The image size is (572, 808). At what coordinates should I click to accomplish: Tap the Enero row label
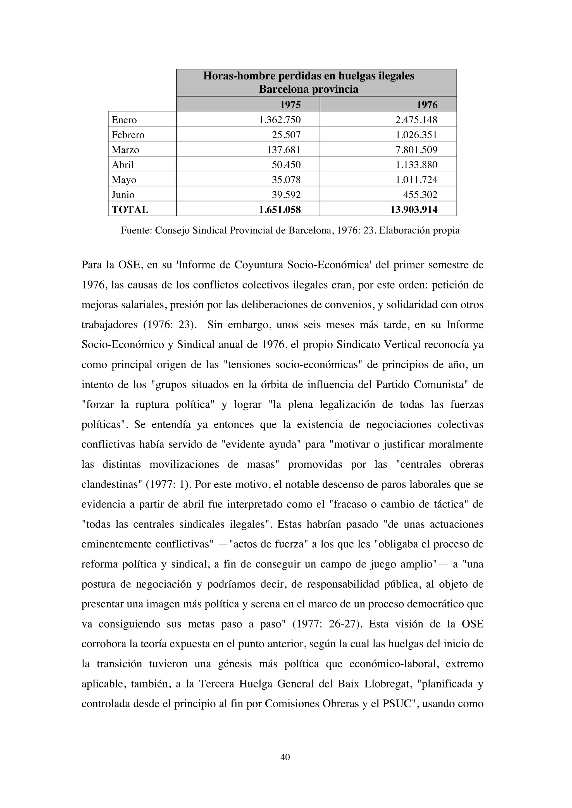(x=124, y=120)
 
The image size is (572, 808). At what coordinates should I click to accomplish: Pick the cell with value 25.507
(x=286, y=135)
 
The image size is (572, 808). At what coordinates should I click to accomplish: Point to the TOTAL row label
(x=130, y=210)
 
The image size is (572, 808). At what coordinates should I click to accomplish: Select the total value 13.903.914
(x=414, y=210)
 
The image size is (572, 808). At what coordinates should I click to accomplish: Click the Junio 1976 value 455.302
(x=420, y=195)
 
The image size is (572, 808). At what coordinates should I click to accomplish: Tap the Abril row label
(x=123, y=165)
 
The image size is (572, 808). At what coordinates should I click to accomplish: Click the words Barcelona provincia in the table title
(x=309, y=89)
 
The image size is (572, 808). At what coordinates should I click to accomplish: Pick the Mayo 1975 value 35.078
(x=286, y=180)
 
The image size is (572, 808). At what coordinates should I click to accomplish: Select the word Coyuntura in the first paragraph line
(x=259, y=265)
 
